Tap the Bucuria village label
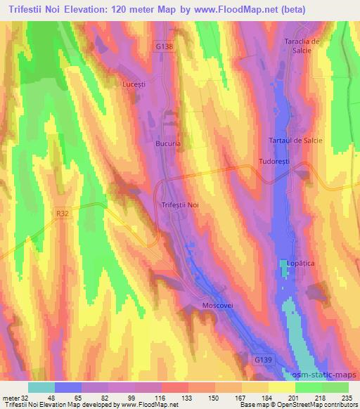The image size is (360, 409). (168, 143)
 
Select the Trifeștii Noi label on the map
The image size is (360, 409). (179, 204)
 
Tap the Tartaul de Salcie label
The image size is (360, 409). (296, 141)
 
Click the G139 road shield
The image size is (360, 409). (262, 359)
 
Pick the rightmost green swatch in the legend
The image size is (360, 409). (335, 387)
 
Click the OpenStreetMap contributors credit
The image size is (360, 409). (323, 405)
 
